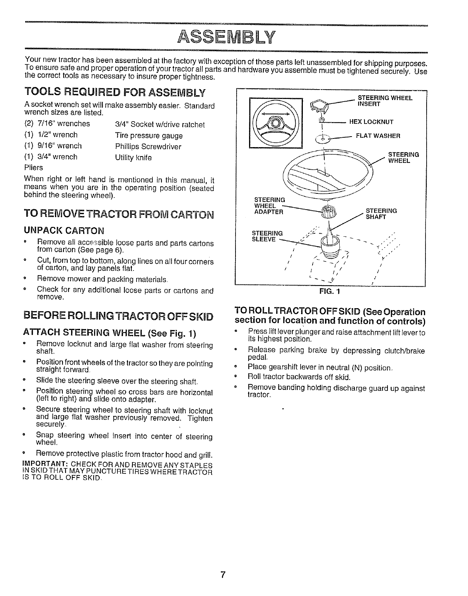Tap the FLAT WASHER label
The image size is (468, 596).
coord(378,136)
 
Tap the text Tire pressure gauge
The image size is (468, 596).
coord(149,135)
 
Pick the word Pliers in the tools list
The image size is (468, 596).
coord(33,167)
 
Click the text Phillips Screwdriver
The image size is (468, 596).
coord(148,146)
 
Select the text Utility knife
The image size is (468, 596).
coord(134,158)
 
